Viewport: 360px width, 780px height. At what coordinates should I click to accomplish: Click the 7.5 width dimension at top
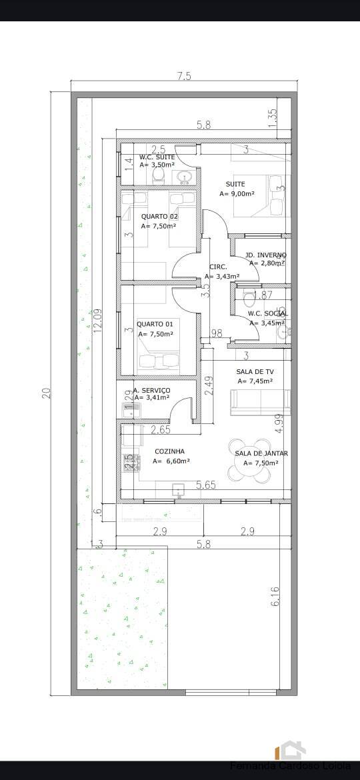coord(184,76)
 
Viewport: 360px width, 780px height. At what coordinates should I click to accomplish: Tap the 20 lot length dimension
coord(46,393)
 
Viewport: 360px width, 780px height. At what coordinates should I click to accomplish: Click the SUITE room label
coord(235,184)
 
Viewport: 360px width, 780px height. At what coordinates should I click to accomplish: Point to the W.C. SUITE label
coord(157,157)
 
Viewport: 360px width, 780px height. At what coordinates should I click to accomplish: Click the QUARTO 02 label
coord(159,216)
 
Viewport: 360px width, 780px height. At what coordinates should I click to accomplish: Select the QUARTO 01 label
coord(155,324)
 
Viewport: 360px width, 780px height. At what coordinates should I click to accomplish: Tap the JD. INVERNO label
coord(265,255)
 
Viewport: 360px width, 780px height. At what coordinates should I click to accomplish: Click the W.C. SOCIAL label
coord(267,313)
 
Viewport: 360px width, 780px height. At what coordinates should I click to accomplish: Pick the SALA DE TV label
coord(255,372)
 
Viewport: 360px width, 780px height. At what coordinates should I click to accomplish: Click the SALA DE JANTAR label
coord(261,453)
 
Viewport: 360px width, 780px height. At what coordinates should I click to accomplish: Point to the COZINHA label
coord(169,451)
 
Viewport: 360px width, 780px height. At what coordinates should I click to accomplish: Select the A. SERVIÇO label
coord(151,390)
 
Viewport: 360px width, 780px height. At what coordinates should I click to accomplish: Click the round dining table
coord(249,461)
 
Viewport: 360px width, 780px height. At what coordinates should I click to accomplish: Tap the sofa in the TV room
coord(260,402)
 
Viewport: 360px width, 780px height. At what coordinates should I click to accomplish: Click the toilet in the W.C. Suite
coord(159,175)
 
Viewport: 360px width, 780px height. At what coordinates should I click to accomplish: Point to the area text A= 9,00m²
coord(237,194)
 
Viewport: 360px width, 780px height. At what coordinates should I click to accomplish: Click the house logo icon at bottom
coord(292,750)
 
